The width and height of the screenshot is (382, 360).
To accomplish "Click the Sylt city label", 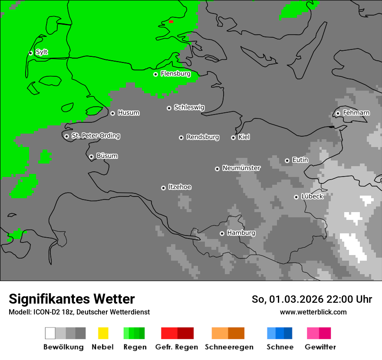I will point(42,52).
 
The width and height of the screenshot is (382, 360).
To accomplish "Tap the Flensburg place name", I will point(175,74).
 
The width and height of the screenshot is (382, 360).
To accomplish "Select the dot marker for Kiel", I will point(233,137).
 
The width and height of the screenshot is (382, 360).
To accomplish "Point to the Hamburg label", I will point(241,233).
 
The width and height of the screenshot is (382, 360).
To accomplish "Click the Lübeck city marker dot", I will point(296,197).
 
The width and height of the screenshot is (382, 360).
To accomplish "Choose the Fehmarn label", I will point(356,113).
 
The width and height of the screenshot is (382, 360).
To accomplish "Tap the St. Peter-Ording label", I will point(95,136).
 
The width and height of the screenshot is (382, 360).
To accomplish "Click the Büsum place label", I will point(107,156).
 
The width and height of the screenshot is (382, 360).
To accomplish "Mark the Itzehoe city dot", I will point(163,188).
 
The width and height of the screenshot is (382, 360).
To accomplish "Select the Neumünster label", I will point(241,168).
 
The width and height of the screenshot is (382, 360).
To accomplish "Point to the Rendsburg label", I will point(203,137).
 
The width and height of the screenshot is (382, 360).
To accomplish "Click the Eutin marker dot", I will point(287,160).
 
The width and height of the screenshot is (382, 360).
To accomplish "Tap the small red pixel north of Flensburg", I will point(171,22).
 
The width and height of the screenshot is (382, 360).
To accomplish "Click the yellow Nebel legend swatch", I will point(103,333).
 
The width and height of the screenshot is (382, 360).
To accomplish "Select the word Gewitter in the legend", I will point(320,347).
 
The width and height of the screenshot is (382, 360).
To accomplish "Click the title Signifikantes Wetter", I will point(72,299).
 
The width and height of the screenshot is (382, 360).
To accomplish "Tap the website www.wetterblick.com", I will point(313,312).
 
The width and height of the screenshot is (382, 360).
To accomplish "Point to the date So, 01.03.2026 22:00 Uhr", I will point(312,299).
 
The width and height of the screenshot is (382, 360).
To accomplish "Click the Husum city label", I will point(128,113).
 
